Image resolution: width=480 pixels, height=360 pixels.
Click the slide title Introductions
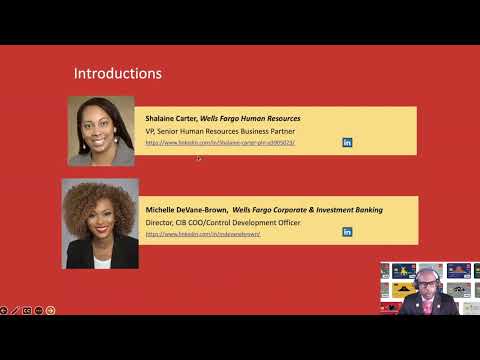point(118,73)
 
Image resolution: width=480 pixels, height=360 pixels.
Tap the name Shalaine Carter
point(172,118)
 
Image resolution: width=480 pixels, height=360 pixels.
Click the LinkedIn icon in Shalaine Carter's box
point(347,143)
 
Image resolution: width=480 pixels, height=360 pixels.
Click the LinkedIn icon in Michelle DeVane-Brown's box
point(347,232)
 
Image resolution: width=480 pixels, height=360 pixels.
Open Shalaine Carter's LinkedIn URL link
point(219,143)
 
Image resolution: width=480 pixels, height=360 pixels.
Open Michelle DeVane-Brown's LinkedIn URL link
point(203,234)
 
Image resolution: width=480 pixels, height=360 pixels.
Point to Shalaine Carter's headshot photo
point(101,130)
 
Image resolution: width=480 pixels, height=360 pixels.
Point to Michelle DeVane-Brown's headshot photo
point(100,223)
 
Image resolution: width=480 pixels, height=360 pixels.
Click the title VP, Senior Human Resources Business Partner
point(222,131)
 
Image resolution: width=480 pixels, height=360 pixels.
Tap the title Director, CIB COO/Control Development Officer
point(223,222)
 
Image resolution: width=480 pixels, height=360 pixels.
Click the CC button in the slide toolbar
point(27,310)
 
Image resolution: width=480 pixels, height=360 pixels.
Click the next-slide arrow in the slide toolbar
point(50,310)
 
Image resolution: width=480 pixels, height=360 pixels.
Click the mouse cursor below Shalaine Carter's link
point(199,158)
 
